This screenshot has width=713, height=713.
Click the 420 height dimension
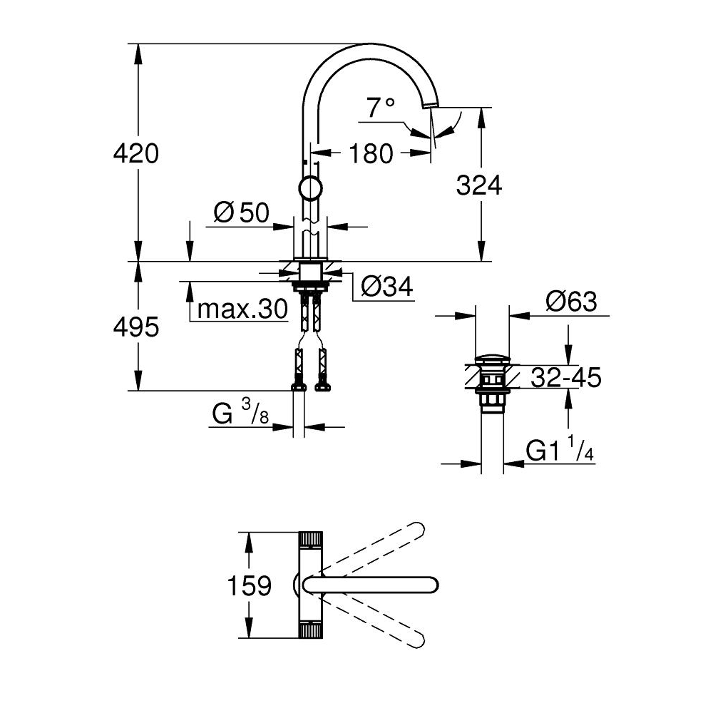click(136, 153)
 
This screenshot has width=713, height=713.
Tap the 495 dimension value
click(136, 327)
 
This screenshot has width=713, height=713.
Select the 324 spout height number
click(479, 185)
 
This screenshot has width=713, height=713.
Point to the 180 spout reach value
click(371, 154)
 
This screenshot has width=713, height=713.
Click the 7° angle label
click(381, 108)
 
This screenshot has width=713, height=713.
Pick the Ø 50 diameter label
click(242, 212)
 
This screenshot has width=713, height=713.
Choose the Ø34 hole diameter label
click(387, 287)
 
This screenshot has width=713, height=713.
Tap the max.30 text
click(243, 309)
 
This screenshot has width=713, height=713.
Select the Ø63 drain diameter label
click(571, 301)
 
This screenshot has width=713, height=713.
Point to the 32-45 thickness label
click(566, 377)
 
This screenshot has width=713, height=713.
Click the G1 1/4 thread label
click(560, 450)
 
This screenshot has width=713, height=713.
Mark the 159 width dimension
click(249, 585)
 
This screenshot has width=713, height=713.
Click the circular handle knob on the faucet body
click(311, 188)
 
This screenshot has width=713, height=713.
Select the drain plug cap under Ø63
click(492, 359)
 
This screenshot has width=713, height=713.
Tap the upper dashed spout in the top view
click(374, 545)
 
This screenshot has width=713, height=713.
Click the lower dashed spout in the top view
click(374, 624)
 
